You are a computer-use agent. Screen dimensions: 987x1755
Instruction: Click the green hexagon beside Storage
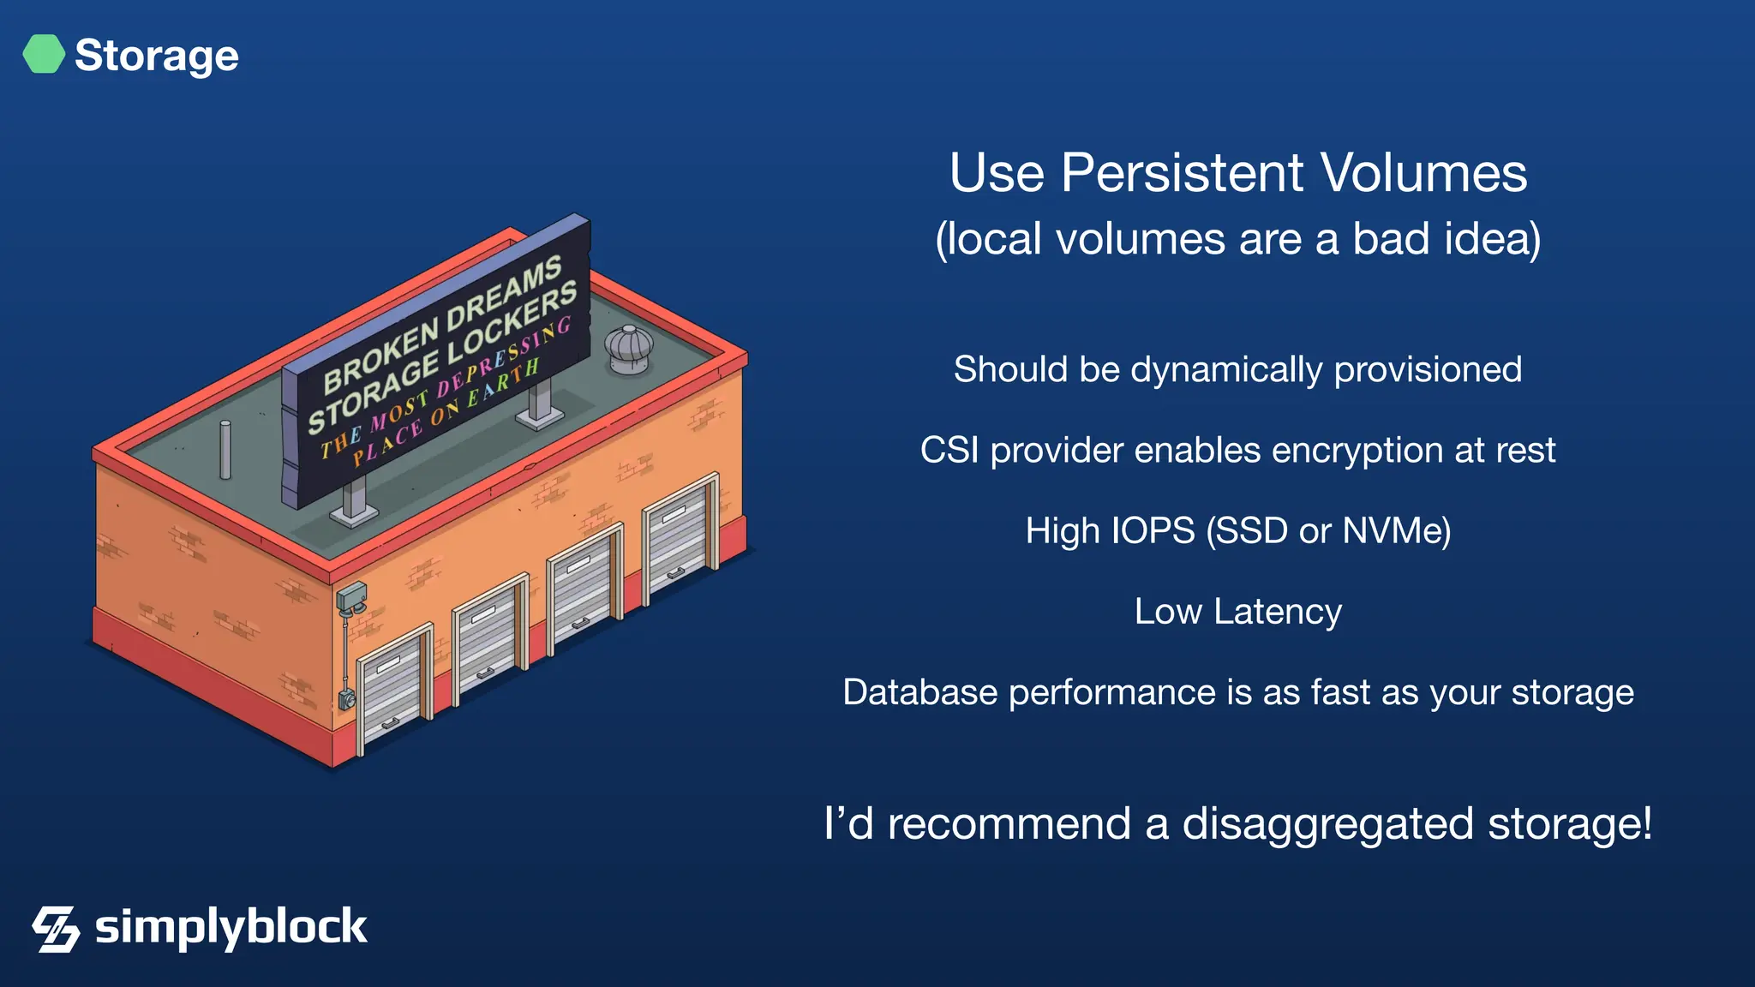click(44, 54)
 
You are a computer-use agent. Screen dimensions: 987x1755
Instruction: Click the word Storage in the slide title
click(157, 56)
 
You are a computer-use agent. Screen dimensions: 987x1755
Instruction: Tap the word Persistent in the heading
click(1183, 173)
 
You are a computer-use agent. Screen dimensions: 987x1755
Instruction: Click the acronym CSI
click(949, 451)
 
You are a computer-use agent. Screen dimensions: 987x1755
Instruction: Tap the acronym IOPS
click(1153, 531)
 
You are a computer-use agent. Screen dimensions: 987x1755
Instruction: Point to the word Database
click(919, 692)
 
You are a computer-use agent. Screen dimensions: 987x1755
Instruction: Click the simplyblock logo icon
click(56, 929)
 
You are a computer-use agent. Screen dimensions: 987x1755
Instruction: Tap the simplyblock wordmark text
click(231, 928)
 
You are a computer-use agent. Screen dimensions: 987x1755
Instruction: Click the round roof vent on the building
click(629, 348)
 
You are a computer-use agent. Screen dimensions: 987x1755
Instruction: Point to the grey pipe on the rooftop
click(225, 449)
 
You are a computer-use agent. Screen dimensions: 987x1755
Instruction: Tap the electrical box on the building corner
click(351, 595)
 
